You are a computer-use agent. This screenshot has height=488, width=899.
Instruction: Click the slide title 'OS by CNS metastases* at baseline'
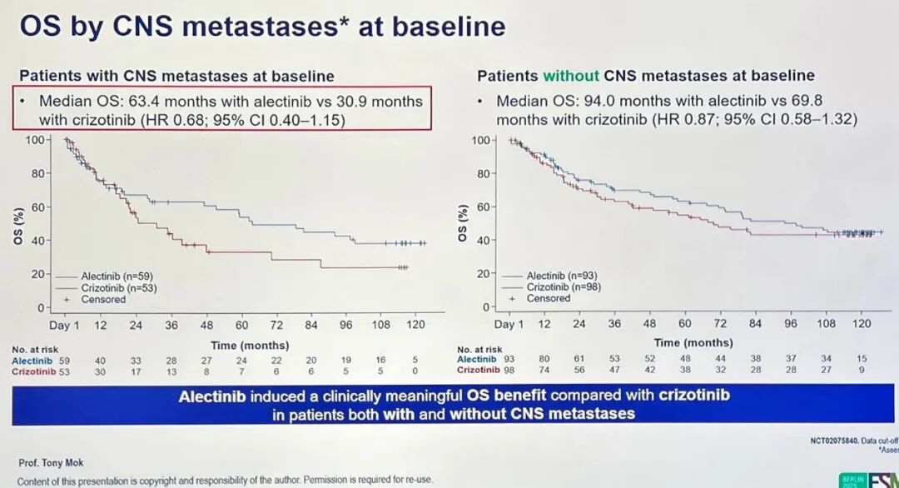(x=262, y=26)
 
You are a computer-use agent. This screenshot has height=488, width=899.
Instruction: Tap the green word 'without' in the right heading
(x=571, y=76)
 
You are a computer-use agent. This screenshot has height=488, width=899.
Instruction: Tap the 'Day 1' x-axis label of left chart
(x=64, y=325)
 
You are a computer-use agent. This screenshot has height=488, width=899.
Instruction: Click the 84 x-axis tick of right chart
(x=755, y=324)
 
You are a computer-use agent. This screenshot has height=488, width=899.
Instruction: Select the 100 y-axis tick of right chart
(x=481, y=139)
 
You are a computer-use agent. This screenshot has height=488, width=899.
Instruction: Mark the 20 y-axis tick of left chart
(x=37, y=274)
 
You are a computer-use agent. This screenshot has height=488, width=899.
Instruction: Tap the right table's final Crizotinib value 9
(x=862, y=370)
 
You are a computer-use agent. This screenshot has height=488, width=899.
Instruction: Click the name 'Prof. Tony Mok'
(x=51, y=462)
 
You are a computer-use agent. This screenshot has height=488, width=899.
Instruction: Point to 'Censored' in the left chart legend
(x=103, y=299)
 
